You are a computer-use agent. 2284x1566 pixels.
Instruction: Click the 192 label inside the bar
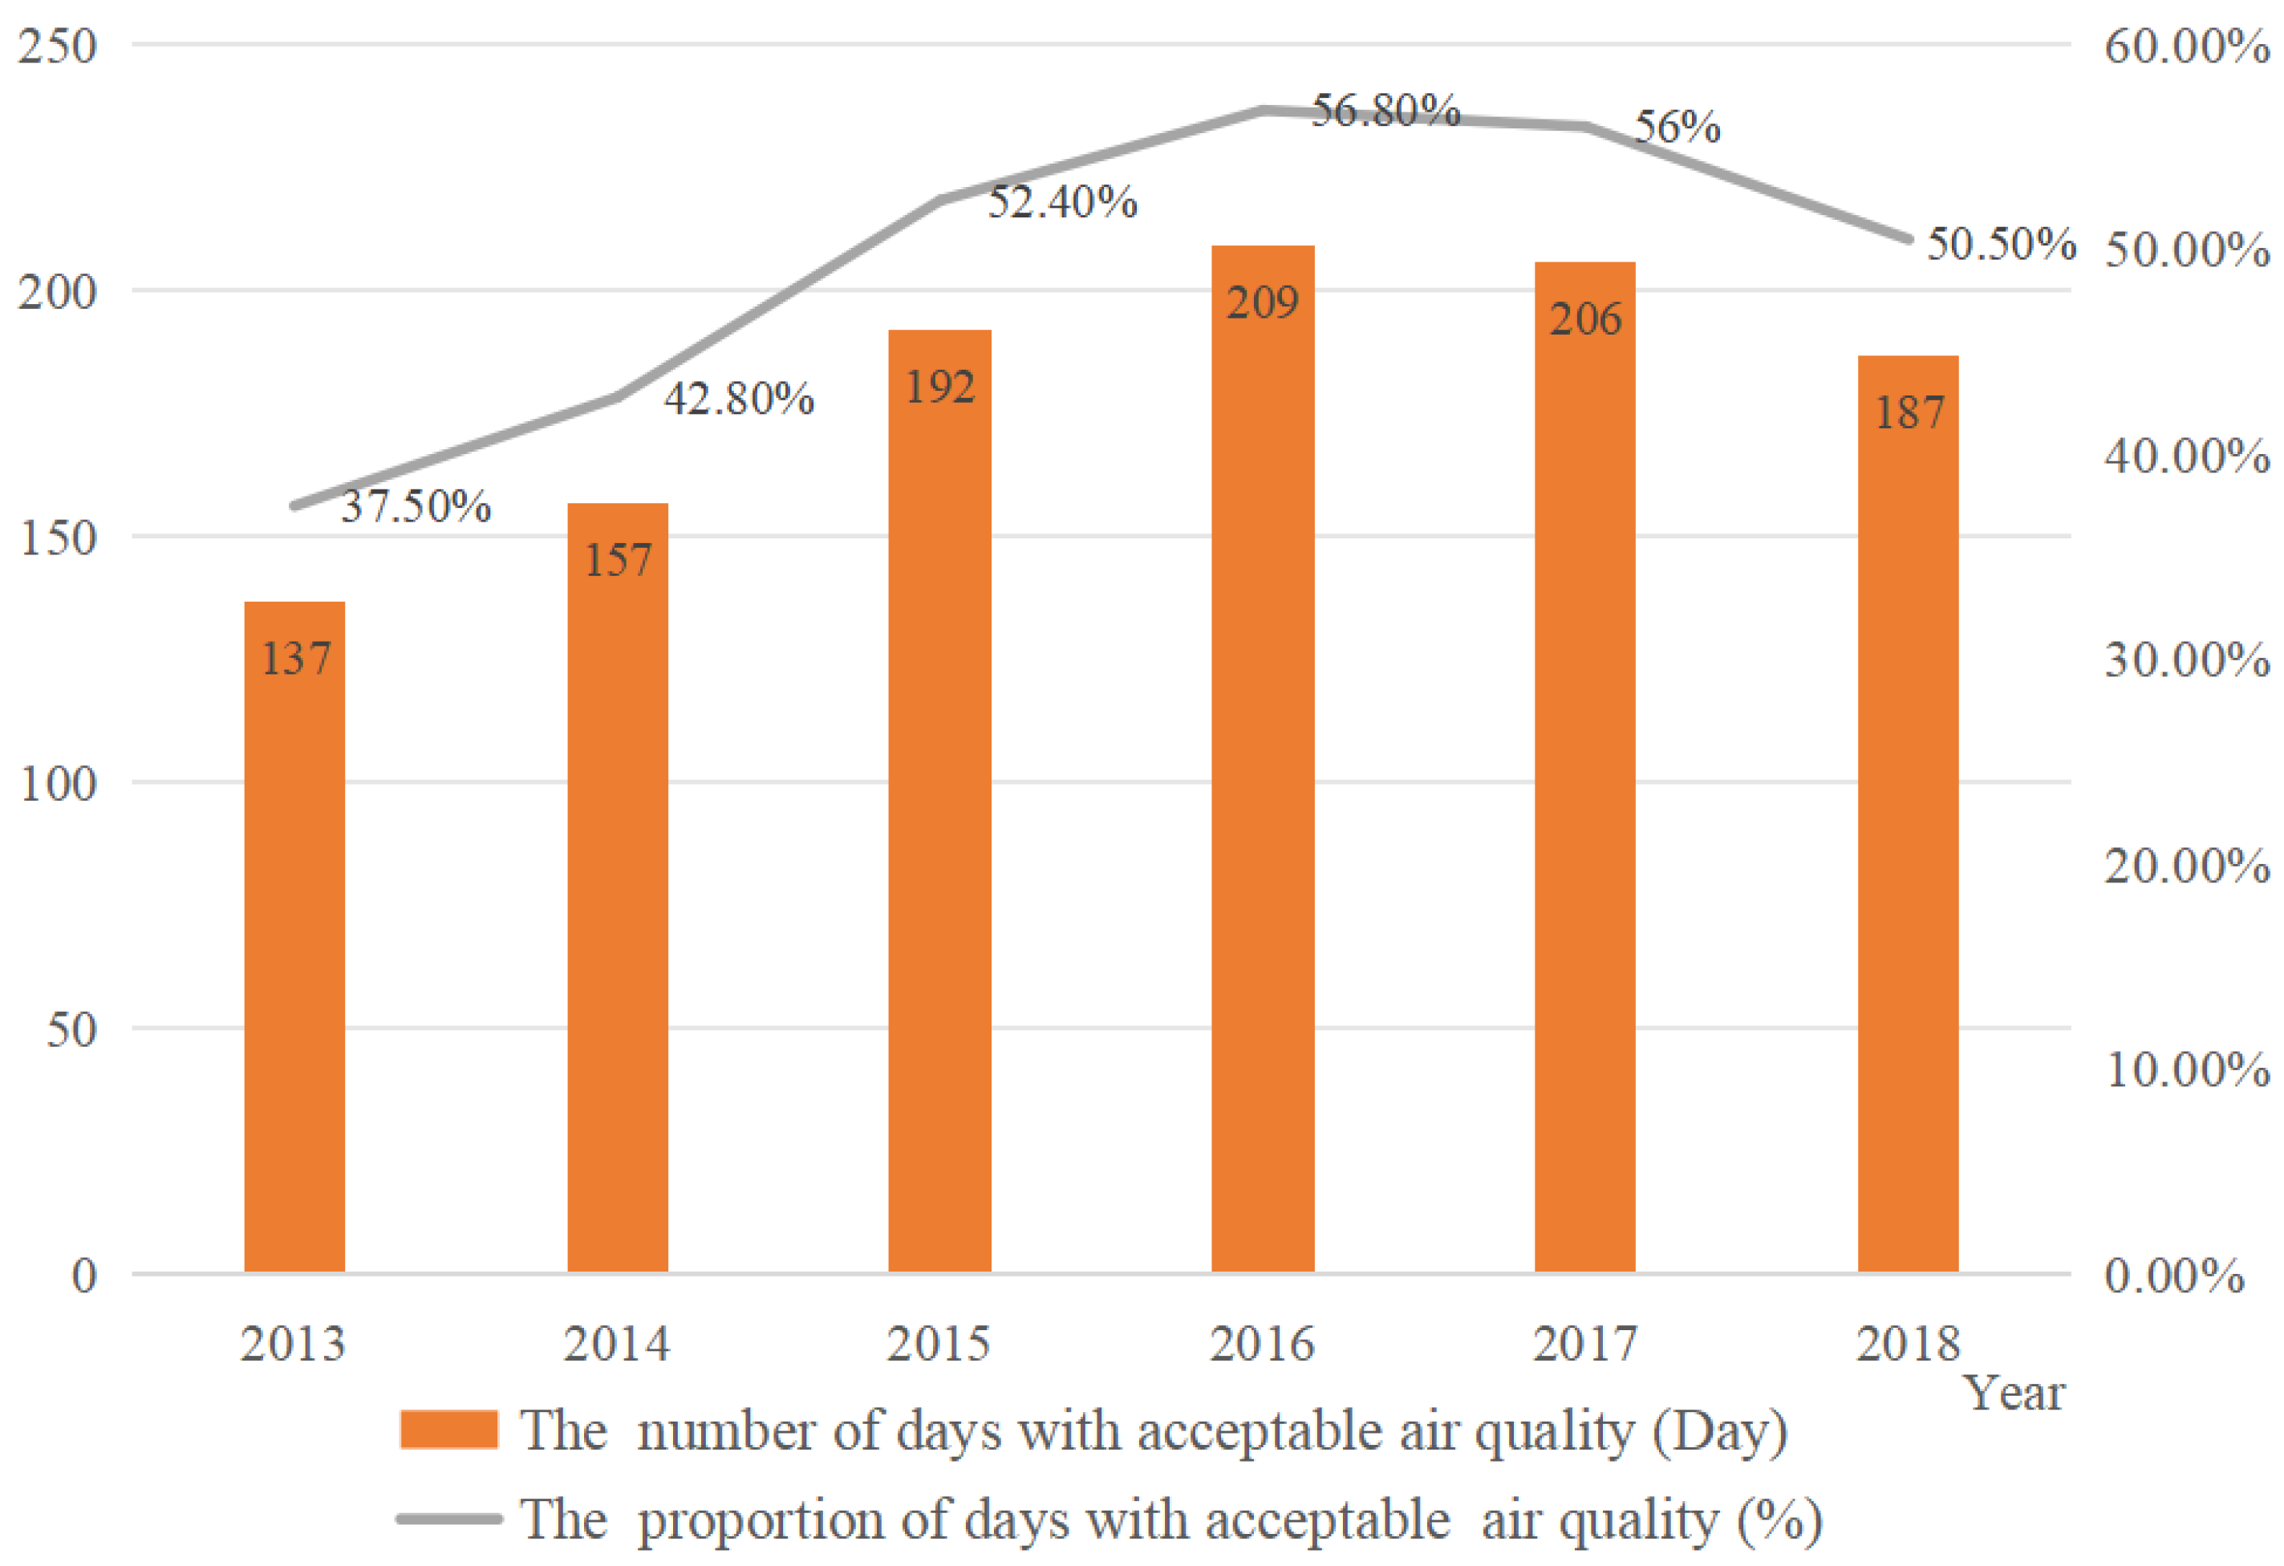(x=939, y=387)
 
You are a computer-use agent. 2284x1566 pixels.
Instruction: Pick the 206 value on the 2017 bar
(x=1584, y=319)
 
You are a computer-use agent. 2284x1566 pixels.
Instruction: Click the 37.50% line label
(x=416, y=506)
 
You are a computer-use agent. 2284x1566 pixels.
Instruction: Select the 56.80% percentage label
(x=1385, y=110)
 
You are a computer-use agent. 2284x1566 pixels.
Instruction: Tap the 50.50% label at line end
(x=2000, y=244)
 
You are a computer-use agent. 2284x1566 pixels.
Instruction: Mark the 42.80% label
(x=739, y=399)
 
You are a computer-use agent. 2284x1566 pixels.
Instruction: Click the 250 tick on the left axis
(x=57, y=47)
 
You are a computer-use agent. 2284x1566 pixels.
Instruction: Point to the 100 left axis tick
(x=57, y=784)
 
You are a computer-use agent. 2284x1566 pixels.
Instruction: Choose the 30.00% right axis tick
(x=2185, y=659)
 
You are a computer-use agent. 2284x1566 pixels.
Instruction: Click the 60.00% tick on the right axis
(x=2185, y=47)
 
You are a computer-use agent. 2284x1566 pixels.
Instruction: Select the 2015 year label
(x=939, y=1344)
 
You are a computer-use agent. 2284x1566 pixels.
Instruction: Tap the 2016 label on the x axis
(x=1261, y=1344)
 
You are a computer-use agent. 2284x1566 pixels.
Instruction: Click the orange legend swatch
(x=448, y=1430)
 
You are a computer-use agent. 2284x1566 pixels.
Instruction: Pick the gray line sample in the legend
(x=448, y=1519)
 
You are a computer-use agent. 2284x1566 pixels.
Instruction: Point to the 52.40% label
(x=1061, y=202)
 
